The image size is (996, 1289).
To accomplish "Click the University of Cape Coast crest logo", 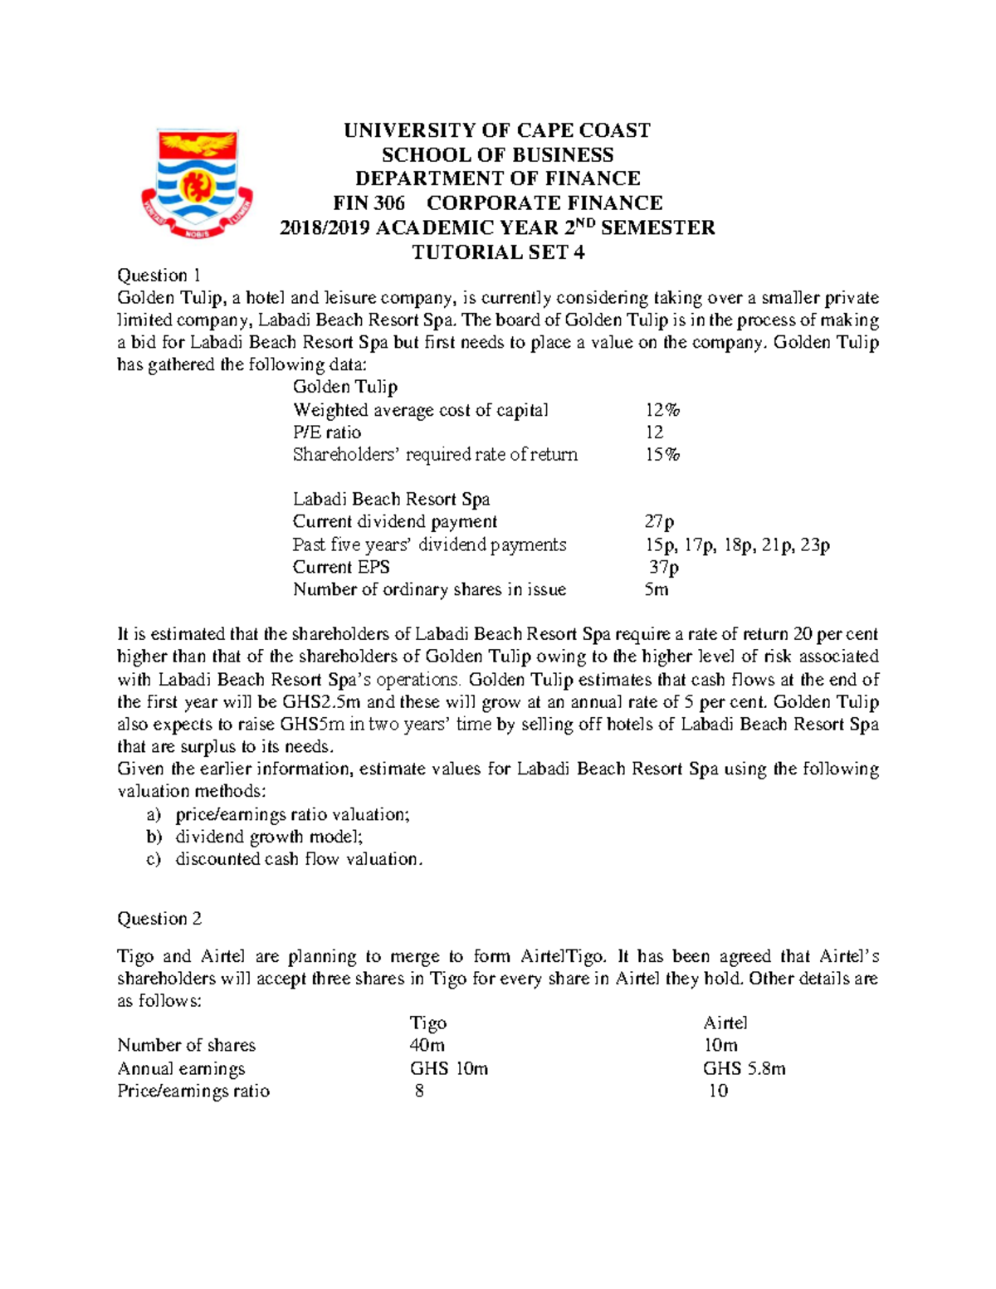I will click(x=197, y=183).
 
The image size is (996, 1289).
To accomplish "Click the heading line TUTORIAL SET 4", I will click(x=498, y=252).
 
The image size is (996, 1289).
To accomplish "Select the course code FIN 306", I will click(x=369, y=203).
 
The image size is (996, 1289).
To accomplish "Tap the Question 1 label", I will click(x=159, y=276).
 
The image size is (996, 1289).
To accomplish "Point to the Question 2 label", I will click(x=159, y=919).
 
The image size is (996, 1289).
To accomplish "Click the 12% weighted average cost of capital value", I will click(x=662, y=410).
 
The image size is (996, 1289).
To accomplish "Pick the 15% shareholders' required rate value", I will click(x=662, y=455).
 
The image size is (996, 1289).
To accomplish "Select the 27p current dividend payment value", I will click(x=659, y=522).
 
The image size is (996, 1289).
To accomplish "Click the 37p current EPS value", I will click(x=663, y=568).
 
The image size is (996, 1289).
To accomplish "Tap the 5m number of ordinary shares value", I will click(x=656, y=590).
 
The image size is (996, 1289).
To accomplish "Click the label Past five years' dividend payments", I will click(x=429, y=545).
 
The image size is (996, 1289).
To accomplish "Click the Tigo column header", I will click(x=428, y=1023).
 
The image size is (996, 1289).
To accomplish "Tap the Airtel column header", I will click(x=725, y=1023).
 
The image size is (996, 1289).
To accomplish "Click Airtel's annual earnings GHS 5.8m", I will click(x=744, y=1069).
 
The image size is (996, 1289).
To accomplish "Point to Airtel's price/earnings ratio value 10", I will click(x=718, y=1091).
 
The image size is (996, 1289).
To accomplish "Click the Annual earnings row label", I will click(x=181, y=1069).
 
